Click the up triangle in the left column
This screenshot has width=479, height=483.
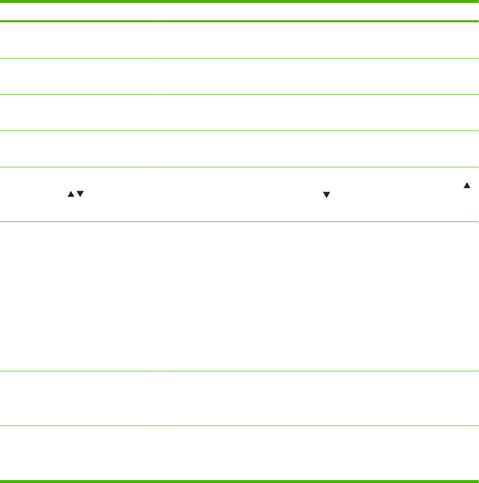click(70, 194)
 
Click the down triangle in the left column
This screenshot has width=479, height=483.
click(81, 194)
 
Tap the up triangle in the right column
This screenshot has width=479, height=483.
click(467, 186)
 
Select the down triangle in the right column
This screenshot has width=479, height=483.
click(326, 195)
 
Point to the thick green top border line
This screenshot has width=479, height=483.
click(239, 2)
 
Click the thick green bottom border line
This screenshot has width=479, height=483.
click(239, 481)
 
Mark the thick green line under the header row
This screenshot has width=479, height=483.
click(239, 21)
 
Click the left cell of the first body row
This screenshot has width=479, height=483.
click(80, 41)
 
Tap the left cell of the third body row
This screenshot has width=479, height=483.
click(80, 113)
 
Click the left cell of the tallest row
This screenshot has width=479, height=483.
click(80, 296)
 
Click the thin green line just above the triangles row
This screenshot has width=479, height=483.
click(239, 167)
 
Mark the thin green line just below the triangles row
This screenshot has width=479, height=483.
click(239, 221)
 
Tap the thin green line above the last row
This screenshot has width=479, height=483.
click(239, 425)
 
